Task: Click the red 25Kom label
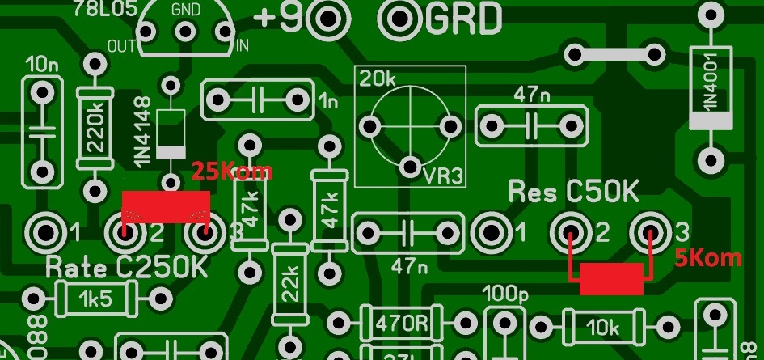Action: [x=231, y=172]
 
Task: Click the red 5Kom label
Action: [x=708, y=258]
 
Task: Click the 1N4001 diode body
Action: [x=711, y=88]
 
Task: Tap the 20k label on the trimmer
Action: [x=377, y=79]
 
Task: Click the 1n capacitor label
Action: [x=328, y=102]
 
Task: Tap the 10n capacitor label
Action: [x=36, y=63]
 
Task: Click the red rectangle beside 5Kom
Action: [x=611, y=278]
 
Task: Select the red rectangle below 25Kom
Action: [x=166, y=206]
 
